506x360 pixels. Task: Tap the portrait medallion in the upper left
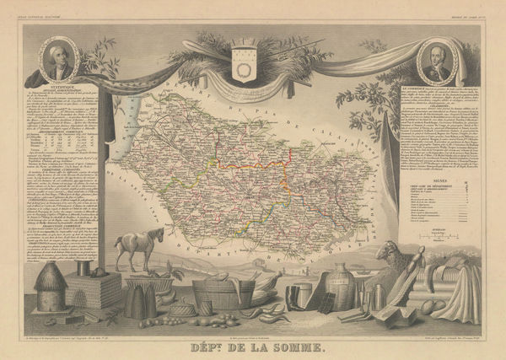(x=58, y=57)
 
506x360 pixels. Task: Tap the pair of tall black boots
(x=294, y=297)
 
